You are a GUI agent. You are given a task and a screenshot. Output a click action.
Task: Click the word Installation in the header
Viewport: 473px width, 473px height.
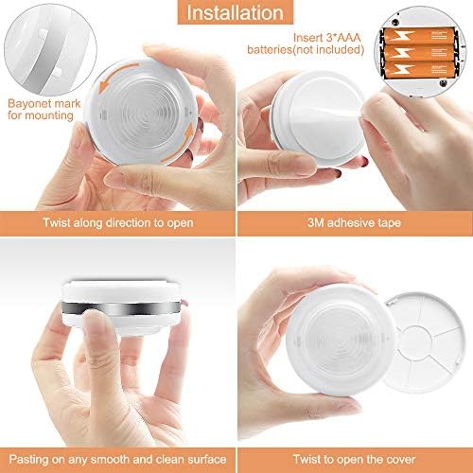236,14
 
